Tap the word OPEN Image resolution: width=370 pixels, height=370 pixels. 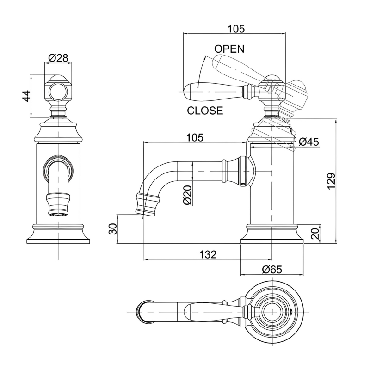coord(229,49)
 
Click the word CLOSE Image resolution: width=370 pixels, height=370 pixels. coord(205,111)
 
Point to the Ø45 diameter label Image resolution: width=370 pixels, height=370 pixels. coord(308,142)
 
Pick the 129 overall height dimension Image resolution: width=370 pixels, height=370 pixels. coord(331,181)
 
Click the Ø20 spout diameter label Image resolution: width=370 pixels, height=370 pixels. coord(188,195)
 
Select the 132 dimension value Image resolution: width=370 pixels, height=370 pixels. coord(208,254)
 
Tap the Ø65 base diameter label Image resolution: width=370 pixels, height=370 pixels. coord(272,269)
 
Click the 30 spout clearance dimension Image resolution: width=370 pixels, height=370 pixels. coord(113,228)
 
